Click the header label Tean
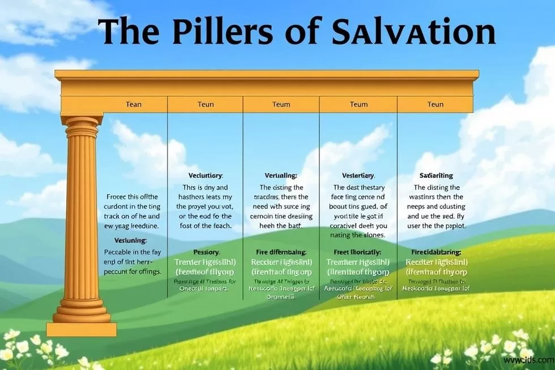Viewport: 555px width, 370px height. coord(134,104)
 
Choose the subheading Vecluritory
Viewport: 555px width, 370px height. coord(205,176)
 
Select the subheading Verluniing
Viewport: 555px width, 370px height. coord(281,176)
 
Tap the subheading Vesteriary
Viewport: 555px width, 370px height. coord(358,176)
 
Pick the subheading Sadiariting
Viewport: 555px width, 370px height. coord(436,176)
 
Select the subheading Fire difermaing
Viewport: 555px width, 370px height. coord(281,251)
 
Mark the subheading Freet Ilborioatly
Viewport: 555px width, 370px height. coord(357,251)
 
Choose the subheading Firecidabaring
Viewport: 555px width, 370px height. coord(436,251)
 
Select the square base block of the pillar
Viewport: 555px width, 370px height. coord(82,329)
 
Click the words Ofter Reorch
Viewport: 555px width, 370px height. coord(358,296)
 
